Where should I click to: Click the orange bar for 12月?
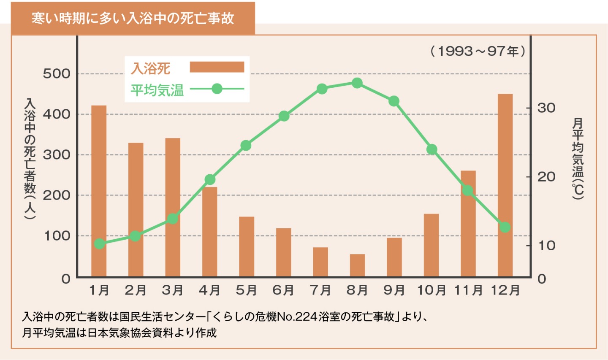(505, 185)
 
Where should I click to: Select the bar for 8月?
(357, 265)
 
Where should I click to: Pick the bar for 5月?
(247, 246)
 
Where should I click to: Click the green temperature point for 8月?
(357, 83)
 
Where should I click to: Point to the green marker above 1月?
(100, 244)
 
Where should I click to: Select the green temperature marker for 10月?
(432, 149)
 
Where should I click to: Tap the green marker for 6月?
(284, 116)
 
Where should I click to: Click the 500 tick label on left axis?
(57, 74)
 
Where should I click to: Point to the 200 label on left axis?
(57, 195)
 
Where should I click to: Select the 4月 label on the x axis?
(209, 290)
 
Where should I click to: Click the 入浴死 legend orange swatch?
(217, 68)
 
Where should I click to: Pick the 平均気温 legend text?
(157, 90)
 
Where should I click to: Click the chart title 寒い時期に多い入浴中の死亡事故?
(133, 18)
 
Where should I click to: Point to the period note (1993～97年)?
(478, 51)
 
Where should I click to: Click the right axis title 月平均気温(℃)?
(578, 158)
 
